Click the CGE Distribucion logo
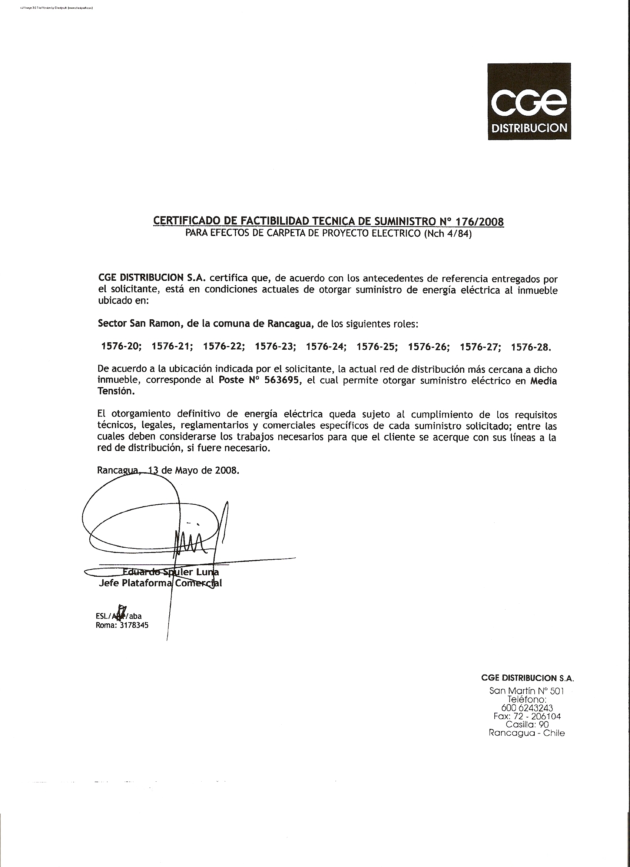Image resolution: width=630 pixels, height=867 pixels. tap(529, 101)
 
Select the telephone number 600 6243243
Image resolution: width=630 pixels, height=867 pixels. tap(527, 708)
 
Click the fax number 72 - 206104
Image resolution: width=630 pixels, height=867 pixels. tap(536, 716)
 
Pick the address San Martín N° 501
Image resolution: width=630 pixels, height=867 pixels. tap(526, 691)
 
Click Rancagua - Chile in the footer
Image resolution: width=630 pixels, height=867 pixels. tap(527, 733)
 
